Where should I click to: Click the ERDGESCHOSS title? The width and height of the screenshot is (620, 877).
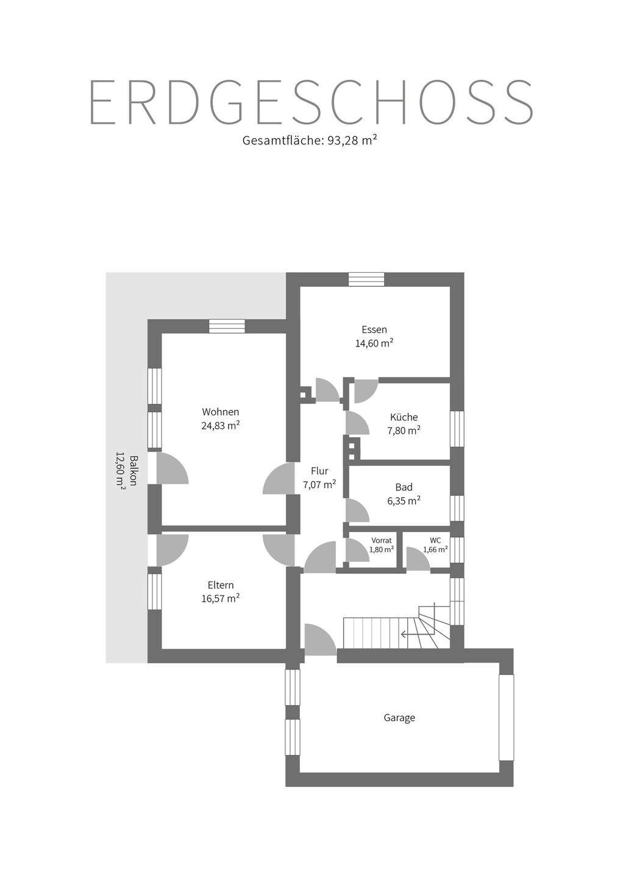pyautogui.click(x=311, y=102)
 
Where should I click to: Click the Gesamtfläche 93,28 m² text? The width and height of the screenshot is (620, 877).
pyautogui.click(x=310, y=141)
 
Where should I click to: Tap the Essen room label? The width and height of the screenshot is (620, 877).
pyautogui.click(x=374, y=329)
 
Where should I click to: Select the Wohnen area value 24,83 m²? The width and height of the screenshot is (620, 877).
pyautogui.click(x=220, y=426)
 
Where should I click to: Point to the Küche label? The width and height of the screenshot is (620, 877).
pyautogui.click(x=404, y=417)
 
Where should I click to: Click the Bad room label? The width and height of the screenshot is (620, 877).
pyautogui.click(x=404, y=487)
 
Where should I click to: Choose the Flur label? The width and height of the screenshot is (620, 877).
pyautogui.click(x=319, y=471)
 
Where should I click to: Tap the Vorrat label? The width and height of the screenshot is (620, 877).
pyautogui.click(x=382, y=540)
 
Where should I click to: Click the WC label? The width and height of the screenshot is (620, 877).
pyautogui.click(x=435, y=540)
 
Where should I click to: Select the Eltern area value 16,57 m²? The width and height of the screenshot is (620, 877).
pyautogui.click(x=220, y=599)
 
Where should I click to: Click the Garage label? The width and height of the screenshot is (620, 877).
pyautogui.click(x=399, y=717)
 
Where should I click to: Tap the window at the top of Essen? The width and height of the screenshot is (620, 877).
pyautogui.click(x=366, y=279)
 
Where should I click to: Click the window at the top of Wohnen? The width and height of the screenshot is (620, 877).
pyautogui.click(x=227, y=326)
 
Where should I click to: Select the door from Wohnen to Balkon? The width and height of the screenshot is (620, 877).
pyautogui.click(x=171, y=468)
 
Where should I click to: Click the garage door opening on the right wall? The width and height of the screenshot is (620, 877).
pyautogui.click(x=506, y=717)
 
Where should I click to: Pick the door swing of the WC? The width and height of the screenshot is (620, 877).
pyautogui.click(x=417, y=560)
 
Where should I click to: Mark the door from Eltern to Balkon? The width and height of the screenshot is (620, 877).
pyautogui.click(x=171, y=550)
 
